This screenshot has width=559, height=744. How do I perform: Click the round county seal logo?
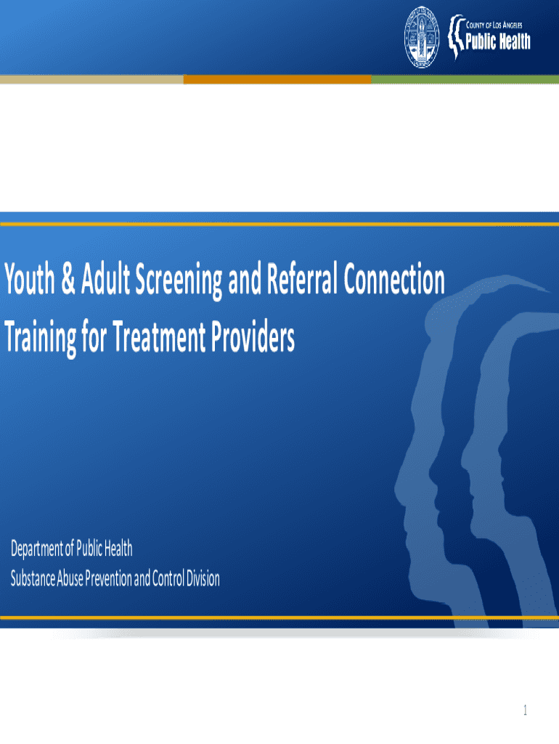coord(422,37)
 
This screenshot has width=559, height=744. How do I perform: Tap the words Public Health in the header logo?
coord(498,41)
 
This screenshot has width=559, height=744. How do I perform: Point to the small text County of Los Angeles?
coord(494,25)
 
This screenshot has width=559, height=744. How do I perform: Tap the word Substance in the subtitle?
coord(33,578)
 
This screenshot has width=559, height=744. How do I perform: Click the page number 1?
coord(525,710)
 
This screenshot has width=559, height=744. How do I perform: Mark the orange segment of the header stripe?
coord(277,79)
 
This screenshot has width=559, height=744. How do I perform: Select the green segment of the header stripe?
coord(465,79)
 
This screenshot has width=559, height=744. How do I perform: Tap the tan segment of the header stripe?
coord(91,79)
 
